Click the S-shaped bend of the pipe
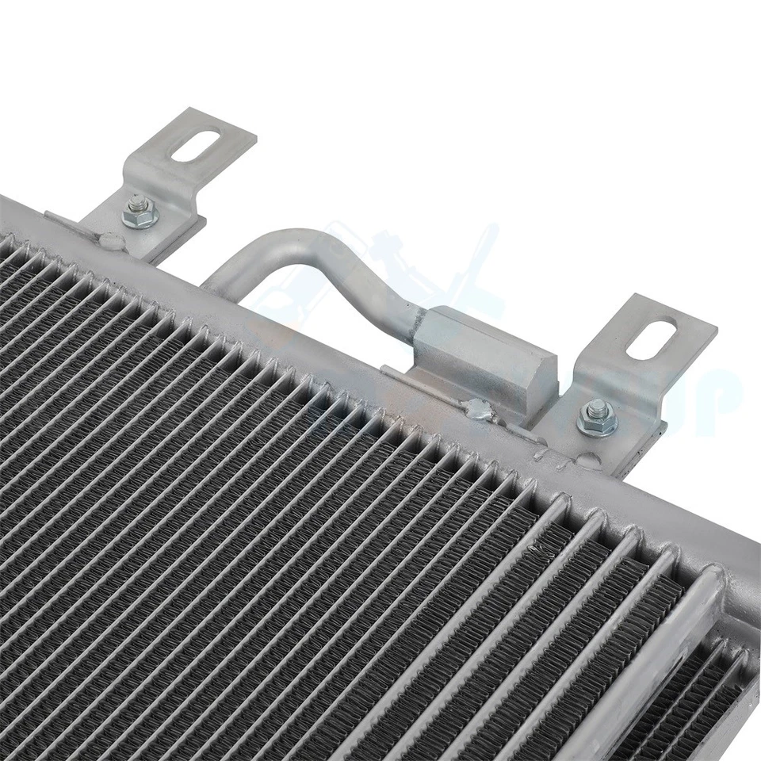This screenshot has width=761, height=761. click(357, 273)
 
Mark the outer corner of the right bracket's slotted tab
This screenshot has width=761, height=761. click(713, 327)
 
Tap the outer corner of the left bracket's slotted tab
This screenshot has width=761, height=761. click(254, 135)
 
